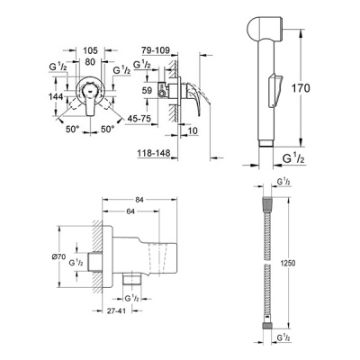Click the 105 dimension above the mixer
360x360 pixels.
point(90,50)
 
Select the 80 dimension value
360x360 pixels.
point(90,62)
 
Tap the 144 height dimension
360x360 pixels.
point(56,96)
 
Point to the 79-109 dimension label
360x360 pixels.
point(156,50)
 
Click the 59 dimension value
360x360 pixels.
point(147,90)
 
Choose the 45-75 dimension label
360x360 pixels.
point(139,118)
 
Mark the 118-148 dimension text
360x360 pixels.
point(154,153)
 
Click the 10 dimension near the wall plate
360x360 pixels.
point(193,130)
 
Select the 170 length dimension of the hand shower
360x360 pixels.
point(301,88)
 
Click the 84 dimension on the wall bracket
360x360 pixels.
point(139,200)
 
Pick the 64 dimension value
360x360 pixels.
point(130,211)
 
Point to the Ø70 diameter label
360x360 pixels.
point(58,256)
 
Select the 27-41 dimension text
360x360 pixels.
point(116,310)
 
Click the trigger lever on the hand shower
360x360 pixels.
point(275,90)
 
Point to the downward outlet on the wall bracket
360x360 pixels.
point(132,279)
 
